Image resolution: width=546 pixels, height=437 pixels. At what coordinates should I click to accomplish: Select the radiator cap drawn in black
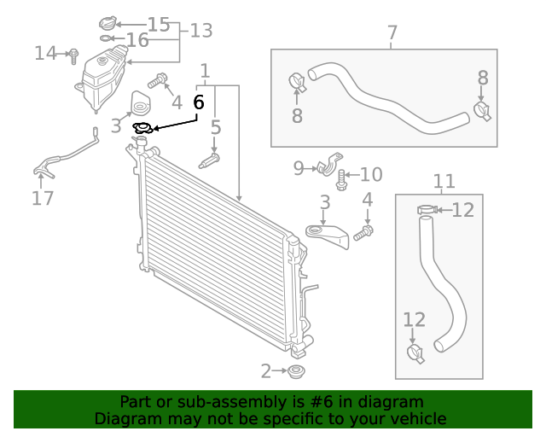(x=143, y=129)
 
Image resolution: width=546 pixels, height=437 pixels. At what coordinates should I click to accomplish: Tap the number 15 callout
(x=159, y=24)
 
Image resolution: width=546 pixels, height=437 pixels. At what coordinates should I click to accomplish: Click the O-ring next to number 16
(x=105, y=38)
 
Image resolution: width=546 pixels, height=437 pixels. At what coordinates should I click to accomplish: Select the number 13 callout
(x=200, y=32)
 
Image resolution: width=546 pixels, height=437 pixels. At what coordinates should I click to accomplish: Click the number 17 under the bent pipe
(x=43, y=198)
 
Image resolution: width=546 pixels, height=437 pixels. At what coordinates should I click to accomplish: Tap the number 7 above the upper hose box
(x=392, y=33)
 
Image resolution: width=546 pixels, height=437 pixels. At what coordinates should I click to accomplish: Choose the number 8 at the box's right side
(x=483, y=78)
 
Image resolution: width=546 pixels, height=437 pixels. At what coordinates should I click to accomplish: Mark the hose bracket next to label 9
(x=330, y=164)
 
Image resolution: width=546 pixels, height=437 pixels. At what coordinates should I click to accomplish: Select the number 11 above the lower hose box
(x=444, y=181)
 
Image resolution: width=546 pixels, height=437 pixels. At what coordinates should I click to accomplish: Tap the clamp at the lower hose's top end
(x=427, y=210)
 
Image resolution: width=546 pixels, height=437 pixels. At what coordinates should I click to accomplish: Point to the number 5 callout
(x=216, y=128)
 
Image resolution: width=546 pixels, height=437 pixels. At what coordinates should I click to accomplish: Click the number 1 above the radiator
(x=205, y=70)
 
